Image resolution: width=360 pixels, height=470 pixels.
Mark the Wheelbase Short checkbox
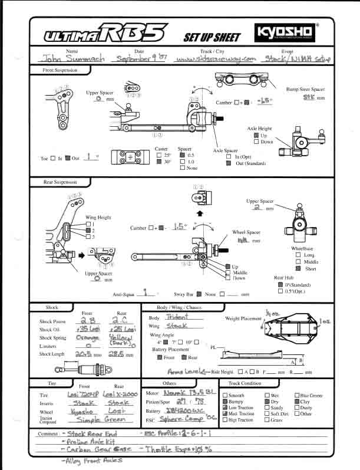[299, 268]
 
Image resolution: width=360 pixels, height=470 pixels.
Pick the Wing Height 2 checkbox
[87, 230]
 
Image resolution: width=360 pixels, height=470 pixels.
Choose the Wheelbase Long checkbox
[299, 255]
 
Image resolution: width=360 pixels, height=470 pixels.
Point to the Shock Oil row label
[50, 329]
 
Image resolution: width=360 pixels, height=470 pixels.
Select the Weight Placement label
[243, 318]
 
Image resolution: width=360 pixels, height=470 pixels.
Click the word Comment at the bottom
[49, 433]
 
